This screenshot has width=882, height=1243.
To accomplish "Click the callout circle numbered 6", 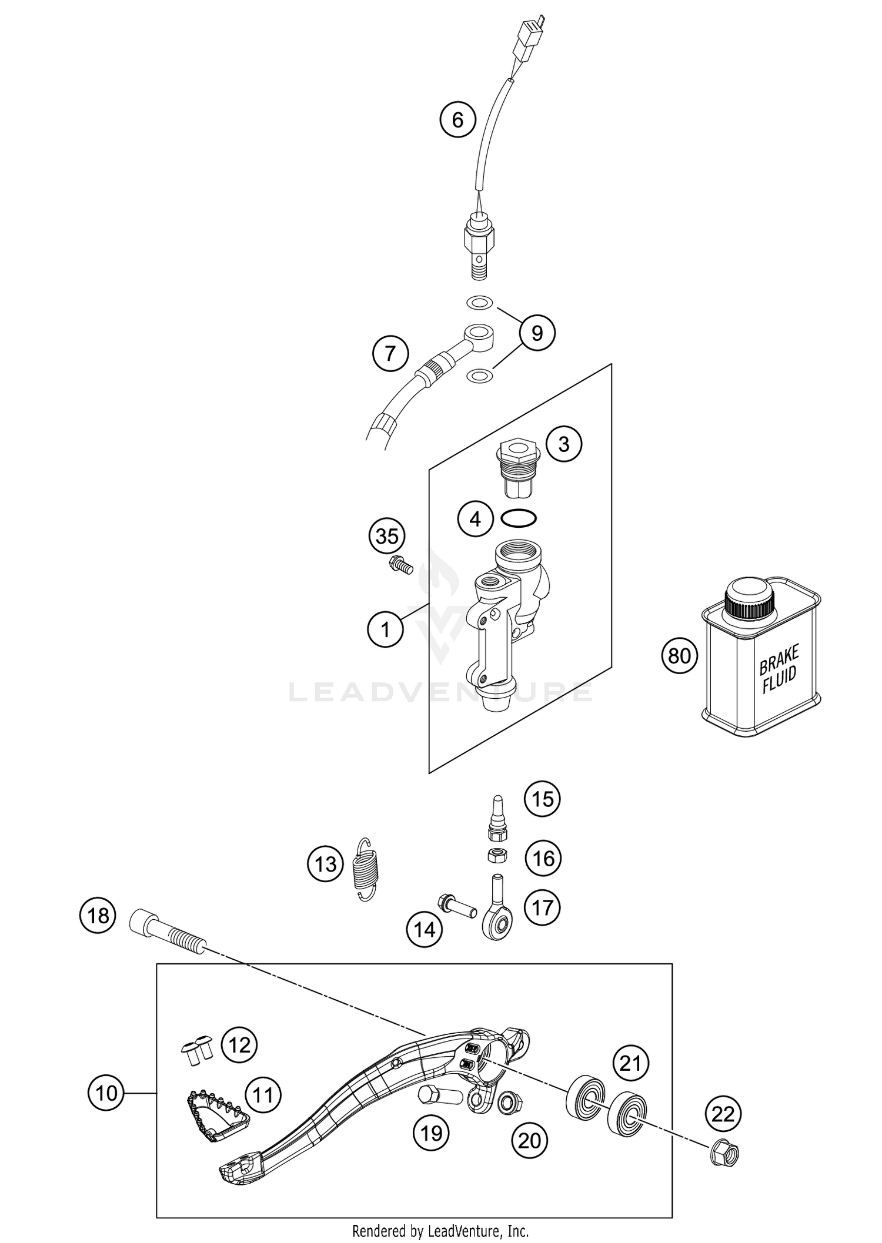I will [457, 120].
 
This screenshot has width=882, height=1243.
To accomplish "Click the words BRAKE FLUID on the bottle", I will [779, 669].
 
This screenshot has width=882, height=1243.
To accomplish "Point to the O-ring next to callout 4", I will [519, 518].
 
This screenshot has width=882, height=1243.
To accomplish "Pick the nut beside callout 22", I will [725, 1155].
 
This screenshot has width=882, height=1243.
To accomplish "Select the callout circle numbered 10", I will [106, 1093].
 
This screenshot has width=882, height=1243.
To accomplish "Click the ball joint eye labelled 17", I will [497, 924].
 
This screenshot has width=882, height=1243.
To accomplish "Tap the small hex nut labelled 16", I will [497, 856].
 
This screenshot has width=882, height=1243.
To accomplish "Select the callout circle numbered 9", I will [537, 333].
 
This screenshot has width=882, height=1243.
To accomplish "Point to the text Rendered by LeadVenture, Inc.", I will [440, 1227].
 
